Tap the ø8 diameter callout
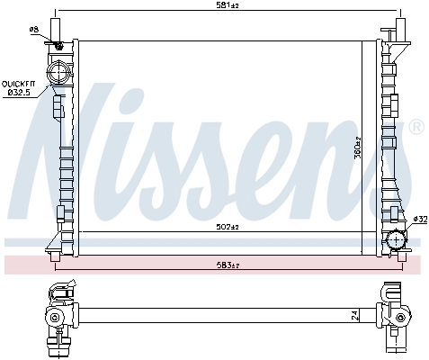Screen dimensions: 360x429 pyautogui.click(x=33, y=30)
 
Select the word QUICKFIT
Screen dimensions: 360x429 pyautogui.click(x=20, y=82)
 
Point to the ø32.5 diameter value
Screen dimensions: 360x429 pyautogui.click(x=20, y=91)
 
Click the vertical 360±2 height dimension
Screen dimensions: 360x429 pyautogui.click(x=357, y=148)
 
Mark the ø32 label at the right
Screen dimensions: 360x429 pyautogui.click(x=418, y=220)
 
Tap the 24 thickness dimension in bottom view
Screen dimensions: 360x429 pyautogui.click(x=357, y=316)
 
